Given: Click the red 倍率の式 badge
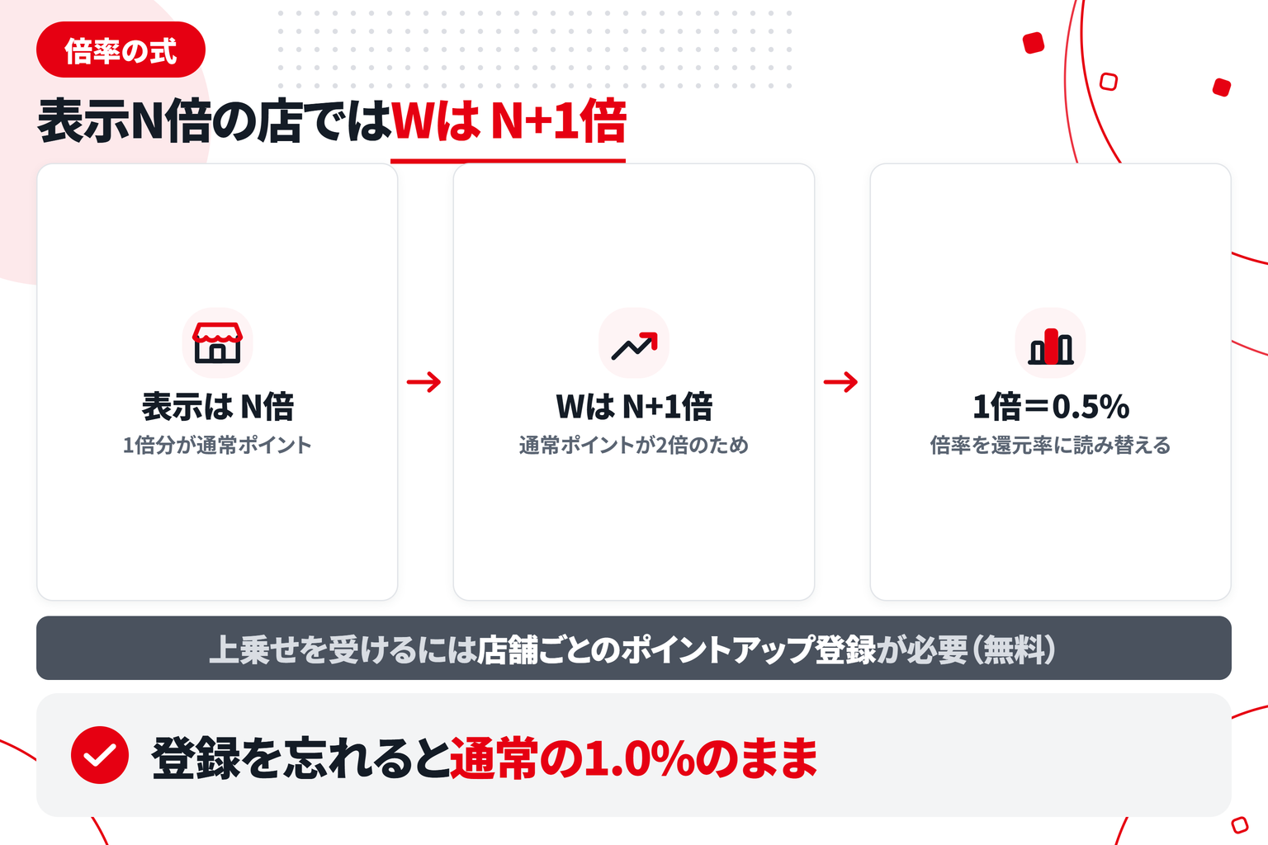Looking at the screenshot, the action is pos(121,50).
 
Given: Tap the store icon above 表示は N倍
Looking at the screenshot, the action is pos(217,342).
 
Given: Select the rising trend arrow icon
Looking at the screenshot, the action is pos(634,346).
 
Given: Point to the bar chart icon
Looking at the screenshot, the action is pos(1051,346).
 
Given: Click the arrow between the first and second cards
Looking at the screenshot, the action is pos(424,382).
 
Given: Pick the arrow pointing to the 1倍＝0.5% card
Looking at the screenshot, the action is pos(840,382).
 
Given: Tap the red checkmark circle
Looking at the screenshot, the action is pos(100,755).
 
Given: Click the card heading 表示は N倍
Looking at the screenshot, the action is pos(217,406).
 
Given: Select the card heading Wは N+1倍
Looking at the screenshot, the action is pos(634,406).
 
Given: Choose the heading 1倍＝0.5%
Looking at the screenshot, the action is pos(1051,406).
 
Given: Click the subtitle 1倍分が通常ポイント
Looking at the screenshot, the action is pos(217,446).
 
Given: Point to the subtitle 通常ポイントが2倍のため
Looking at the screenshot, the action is pos(634,446).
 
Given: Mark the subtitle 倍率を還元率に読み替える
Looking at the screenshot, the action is pos(1051,446).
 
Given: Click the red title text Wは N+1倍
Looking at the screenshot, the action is pos(509,120).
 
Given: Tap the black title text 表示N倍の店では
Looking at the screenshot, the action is pos(214,120).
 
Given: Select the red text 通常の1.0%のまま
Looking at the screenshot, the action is pos(634,758).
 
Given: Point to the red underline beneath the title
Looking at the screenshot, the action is pos(508,161).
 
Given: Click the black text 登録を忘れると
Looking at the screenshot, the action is pos(300,758).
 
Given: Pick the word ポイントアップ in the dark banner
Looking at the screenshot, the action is pos(718,649).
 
